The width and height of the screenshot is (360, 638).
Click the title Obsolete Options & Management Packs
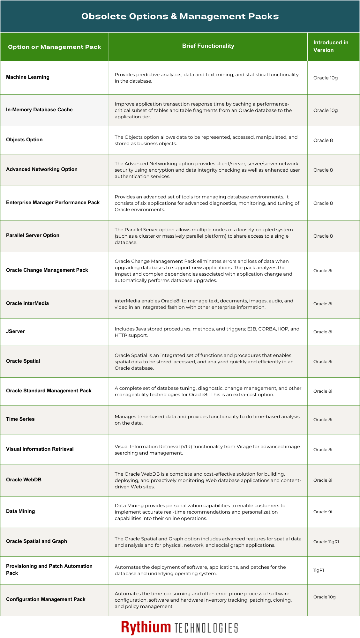point(180,16)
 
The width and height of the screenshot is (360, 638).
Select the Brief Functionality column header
point(208,46)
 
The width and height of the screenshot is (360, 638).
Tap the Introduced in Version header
point(331,46)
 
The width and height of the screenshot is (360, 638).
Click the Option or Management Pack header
point(55,47)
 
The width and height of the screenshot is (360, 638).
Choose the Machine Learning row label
point(28,77)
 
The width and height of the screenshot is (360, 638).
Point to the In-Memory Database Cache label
point(39,110)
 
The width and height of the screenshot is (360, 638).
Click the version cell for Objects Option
point(323,140)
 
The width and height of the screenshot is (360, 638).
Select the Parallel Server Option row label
point(33,235)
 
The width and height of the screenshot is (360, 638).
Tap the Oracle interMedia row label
point(27,303)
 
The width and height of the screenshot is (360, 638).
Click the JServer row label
point(15,331)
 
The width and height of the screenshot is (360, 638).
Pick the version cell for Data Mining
point(323,512)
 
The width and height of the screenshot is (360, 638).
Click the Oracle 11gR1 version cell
point(326,542)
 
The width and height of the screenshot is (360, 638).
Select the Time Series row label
point(20,419)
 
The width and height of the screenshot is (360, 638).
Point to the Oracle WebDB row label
point(24,480)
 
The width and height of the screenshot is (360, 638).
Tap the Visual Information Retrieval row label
point(40,449)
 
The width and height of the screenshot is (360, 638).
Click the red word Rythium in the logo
point(146,627)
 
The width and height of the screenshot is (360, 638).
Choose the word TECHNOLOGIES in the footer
point(206,628)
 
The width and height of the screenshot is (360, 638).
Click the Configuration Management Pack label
point(46,599)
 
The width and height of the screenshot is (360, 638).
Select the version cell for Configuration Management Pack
point(324,597)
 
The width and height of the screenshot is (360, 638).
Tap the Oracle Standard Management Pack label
point(49,391)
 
